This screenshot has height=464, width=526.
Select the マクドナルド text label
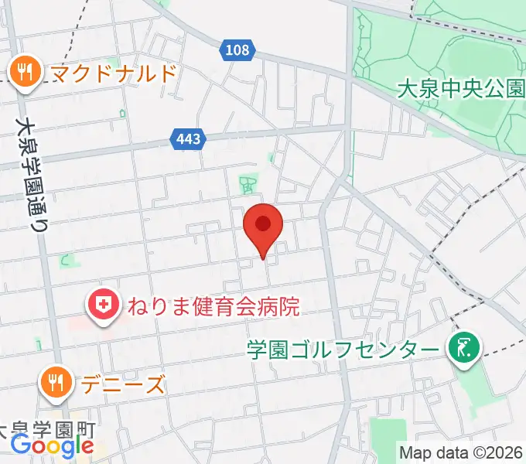point(114,73)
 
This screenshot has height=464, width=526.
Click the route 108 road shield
point(238,50)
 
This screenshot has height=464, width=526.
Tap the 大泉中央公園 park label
point(460,89)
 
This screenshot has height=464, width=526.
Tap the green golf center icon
point(465,348)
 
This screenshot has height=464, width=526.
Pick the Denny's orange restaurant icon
point(56,382)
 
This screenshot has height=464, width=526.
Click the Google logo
point(52,446)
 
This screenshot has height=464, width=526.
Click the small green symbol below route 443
point(248,184)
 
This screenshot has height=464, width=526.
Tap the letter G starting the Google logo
point(21,445)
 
